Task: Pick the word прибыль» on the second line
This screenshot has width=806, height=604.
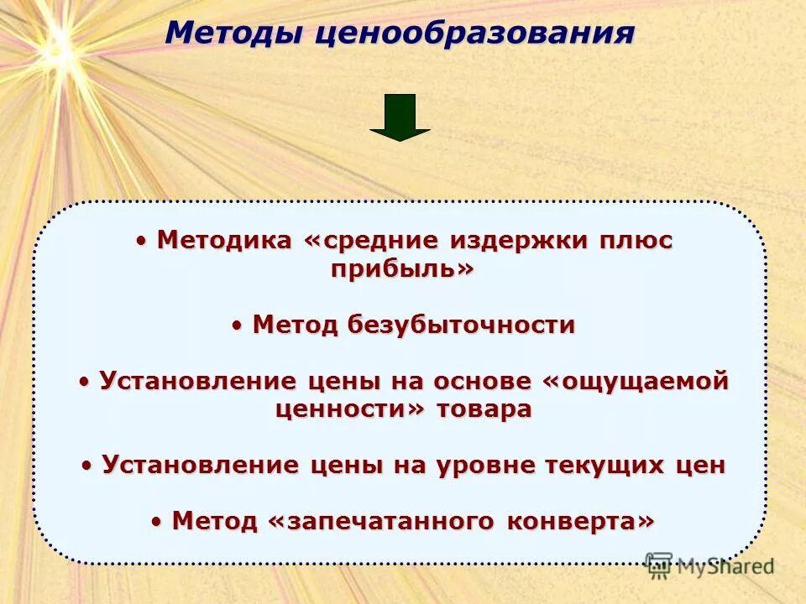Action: (x=402, y=269)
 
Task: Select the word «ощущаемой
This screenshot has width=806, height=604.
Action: (x=636, y=381)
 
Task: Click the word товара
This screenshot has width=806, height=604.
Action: (x=484, y=409)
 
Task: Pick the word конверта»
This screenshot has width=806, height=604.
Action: (x=580, y=521)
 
